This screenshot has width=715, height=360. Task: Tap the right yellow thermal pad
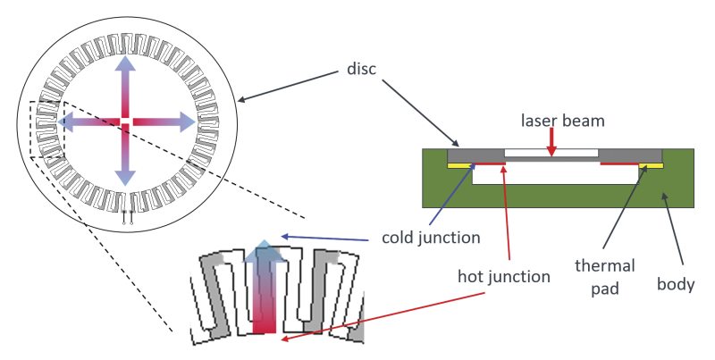coord(652,165)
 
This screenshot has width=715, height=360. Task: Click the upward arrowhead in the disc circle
coord(126,64)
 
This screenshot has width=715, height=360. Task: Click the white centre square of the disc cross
coord(126,121)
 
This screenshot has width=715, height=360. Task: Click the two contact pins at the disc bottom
coord(128,215)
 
